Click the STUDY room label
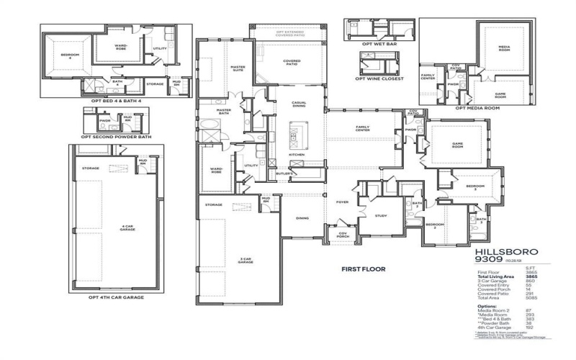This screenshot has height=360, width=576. coord(381,215)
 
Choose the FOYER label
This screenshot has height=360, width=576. coord(342,202)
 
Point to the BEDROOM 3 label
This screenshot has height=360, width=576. coord(474,187)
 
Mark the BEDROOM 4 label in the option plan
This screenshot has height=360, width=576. coord(69,55)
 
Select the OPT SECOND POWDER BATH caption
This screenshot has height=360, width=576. coord(116,136)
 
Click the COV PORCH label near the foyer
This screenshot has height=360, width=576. coord(342,234)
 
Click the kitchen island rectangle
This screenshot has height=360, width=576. coord(294,134)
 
